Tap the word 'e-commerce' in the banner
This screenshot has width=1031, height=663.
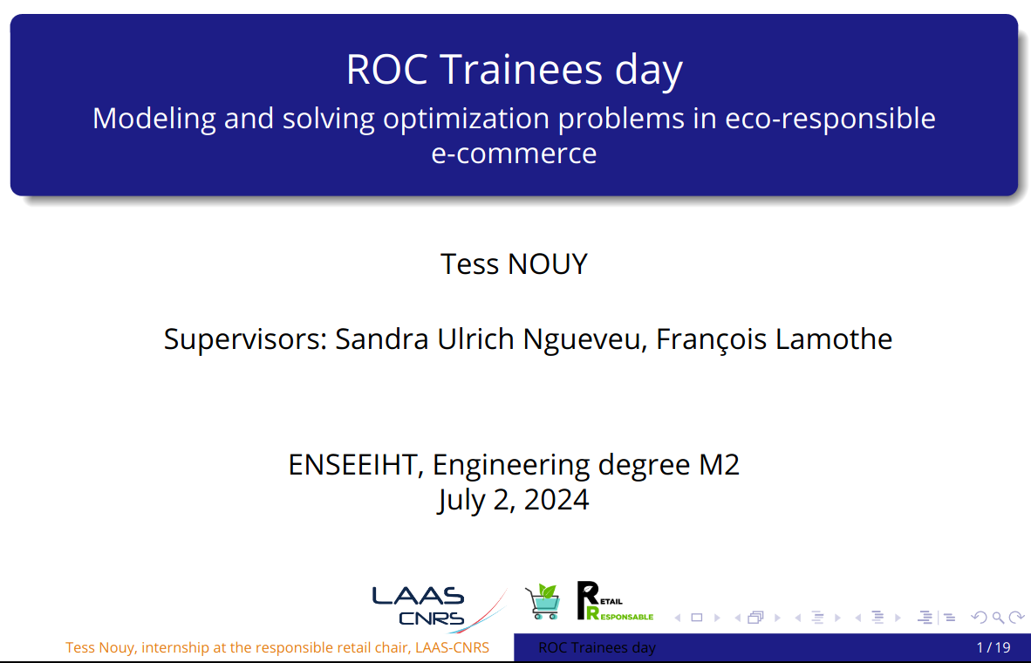coord(514,154)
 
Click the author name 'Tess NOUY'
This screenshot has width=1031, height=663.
coord(514,263)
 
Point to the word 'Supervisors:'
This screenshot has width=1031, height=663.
coord(246,339)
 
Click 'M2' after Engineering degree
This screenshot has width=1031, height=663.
coord(719,465)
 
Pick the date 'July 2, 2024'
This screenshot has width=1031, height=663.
coord(514,500)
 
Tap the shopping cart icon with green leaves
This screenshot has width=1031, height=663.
coord(543,602)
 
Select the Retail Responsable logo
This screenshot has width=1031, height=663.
coord(615,601)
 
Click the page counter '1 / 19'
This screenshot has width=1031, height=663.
coord(993,648)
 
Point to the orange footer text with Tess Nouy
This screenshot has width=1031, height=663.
coord(277,648)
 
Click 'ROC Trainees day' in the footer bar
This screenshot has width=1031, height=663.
coord(597,648)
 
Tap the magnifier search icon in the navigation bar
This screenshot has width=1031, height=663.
coord(998,618)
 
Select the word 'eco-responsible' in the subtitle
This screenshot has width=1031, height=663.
coord(830,119)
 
